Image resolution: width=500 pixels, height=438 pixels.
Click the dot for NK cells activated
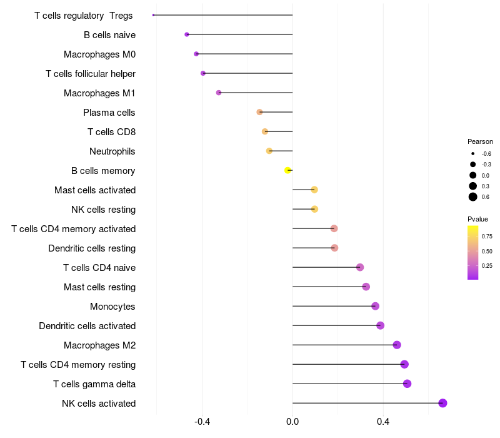[442, 403]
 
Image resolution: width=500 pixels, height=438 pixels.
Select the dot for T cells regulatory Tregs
[153, 15]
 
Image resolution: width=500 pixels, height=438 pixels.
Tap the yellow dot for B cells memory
[287, 170]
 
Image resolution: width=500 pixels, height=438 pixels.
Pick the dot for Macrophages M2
[397, 345]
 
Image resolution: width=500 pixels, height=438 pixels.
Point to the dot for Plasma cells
[259, 112]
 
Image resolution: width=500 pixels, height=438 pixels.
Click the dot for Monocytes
[375, 306]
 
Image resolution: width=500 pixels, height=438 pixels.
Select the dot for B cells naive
[187, 34]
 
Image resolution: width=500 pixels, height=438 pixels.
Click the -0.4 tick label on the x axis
[202, 422]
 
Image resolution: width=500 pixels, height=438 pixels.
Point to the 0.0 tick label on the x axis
[292, 422]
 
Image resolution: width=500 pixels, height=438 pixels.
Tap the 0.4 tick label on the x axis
[383, 422]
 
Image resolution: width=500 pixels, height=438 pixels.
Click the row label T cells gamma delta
[94, 384]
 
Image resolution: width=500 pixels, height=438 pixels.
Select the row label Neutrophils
[112, 151]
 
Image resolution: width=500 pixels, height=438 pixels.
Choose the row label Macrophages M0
[99, 54]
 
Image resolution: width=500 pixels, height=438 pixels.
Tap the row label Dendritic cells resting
[92, 248]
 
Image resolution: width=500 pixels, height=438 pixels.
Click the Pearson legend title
[480, 141]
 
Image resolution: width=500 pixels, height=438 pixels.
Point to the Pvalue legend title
[478, 219]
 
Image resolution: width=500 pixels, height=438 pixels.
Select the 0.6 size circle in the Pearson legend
[473, 197]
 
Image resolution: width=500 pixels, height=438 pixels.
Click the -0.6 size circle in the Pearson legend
[473, 153]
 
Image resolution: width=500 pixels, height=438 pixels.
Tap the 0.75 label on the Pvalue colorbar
[487, 236]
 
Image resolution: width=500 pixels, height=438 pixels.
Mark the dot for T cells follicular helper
[203, 73]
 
